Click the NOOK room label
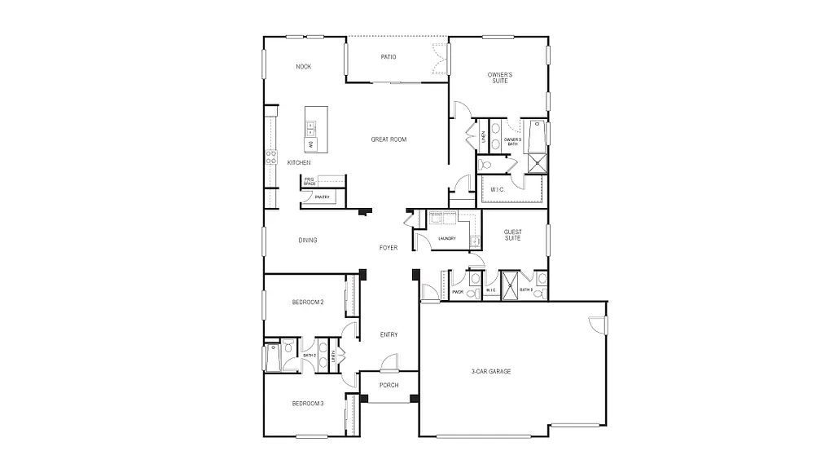pyautogui.click(x=304, y=67)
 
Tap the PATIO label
pyautogui.click(x=388, y=57)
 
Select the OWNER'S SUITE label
pyautogui.click(x=500, y=77)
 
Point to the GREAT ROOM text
pyautogui.click(x=388, y=139)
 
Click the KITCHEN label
pyautogui.click(x=299, y=163)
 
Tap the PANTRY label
pyautogui.click(x=322, y=197)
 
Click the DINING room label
pyautogui.click(x=307, y=240)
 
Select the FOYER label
pyautogui.click(x=388, y=247)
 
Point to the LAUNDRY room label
pyautogui.click(x=446, y=238)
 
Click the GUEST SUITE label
pyautogui.click(x=513, y=235)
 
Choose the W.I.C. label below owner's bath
pyautogui.click(x=498, y=191)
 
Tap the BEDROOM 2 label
pyautogui.click(x=308, y=303)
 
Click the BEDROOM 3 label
pyautogui.click(x=308, y=403)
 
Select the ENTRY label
pyautogui.click(x=388, y=334)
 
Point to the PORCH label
pyautogui.click(x=388, y=385)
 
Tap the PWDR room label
pyautogui.click(x=457, y=291)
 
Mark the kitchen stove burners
pyautogui.click(x=270, y=157)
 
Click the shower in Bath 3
pyautogui.click(x=511, y=285)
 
